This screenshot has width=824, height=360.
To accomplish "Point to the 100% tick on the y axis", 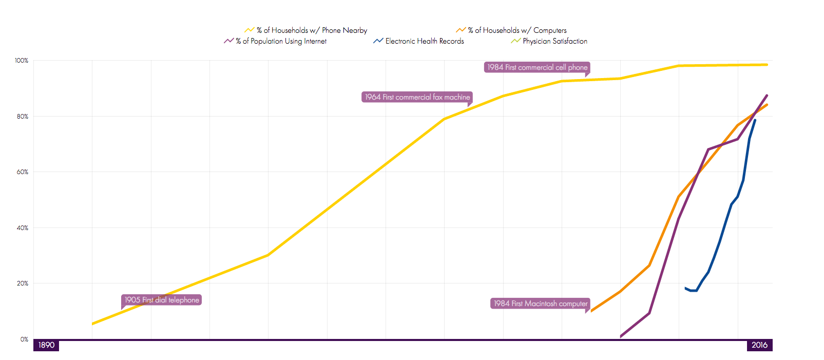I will (x=22, y=61).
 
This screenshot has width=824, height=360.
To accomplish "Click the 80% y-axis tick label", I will (x=23, y=117).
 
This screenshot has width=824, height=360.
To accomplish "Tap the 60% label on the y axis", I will (x=23, y=172).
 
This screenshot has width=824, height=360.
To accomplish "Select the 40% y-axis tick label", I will (x=23, y=228).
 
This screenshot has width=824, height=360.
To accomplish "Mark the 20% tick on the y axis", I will (x=23, y=283).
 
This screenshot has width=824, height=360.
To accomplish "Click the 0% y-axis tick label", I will (x=24, y=339).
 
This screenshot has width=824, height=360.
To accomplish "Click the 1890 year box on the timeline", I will (x=46, y=345).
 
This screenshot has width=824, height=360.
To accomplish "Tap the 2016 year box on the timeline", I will (x=759, y=345).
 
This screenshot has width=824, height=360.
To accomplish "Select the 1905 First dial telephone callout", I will (x=162, y=300).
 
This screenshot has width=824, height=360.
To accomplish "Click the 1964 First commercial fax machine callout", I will (x=417, y=97).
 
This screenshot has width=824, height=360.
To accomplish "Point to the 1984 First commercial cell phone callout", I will (x=537, y=67).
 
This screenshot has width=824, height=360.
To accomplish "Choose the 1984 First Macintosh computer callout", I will (x=541, y=304).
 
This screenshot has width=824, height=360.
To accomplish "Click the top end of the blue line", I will (x=755, y=120).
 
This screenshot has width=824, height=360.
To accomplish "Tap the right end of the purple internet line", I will (x=767, y=96).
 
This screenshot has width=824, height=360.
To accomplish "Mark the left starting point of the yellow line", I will (x=92, y=324).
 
